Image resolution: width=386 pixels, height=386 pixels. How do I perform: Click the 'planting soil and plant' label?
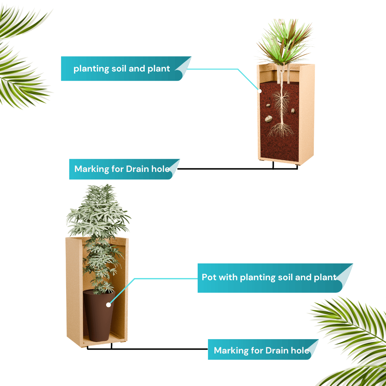pos(126,68)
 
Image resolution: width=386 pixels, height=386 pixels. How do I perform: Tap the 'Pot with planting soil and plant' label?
pos(275,278)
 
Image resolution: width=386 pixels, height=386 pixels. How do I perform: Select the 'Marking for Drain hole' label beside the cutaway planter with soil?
pos(124,169)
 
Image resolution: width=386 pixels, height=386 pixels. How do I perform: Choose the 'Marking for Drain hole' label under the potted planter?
pos(263,349)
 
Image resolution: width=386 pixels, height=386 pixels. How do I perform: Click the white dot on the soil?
pos(259,91)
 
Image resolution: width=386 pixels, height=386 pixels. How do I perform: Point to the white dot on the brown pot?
pos(108,305)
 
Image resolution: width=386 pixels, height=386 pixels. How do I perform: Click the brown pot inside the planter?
pos(99,316)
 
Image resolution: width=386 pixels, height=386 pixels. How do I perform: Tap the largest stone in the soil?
pos(268,119)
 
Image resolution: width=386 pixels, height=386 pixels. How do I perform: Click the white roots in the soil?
pos(281,113)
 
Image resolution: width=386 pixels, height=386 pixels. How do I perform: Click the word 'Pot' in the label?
pos(209,277)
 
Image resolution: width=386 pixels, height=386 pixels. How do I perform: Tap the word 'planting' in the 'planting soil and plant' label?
pos(91,69)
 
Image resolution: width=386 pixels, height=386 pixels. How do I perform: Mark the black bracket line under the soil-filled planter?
pos(238,169)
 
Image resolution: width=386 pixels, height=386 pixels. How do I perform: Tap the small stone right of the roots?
pos(293,111)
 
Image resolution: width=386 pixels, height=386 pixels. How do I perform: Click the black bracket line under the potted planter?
pos(148,349)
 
